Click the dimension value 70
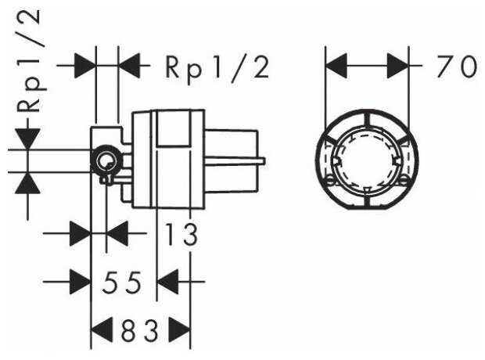click(457, 67)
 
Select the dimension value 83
click(139, 330)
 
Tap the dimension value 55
click(122, 283)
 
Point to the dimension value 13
click(181, 234)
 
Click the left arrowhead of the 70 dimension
click(336, 66)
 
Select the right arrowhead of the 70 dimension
click(397, 66)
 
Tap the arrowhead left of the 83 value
click(102, 330)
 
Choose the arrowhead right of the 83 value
click(179, 330)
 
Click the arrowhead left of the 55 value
click(80, 282)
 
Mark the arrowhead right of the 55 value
click(168, 282)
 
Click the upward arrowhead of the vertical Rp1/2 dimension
click(28, 183)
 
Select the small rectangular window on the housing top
click(173, 128)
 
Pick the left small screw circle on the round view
click(330, 181)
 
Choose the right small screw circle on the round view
click(404, 181)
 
